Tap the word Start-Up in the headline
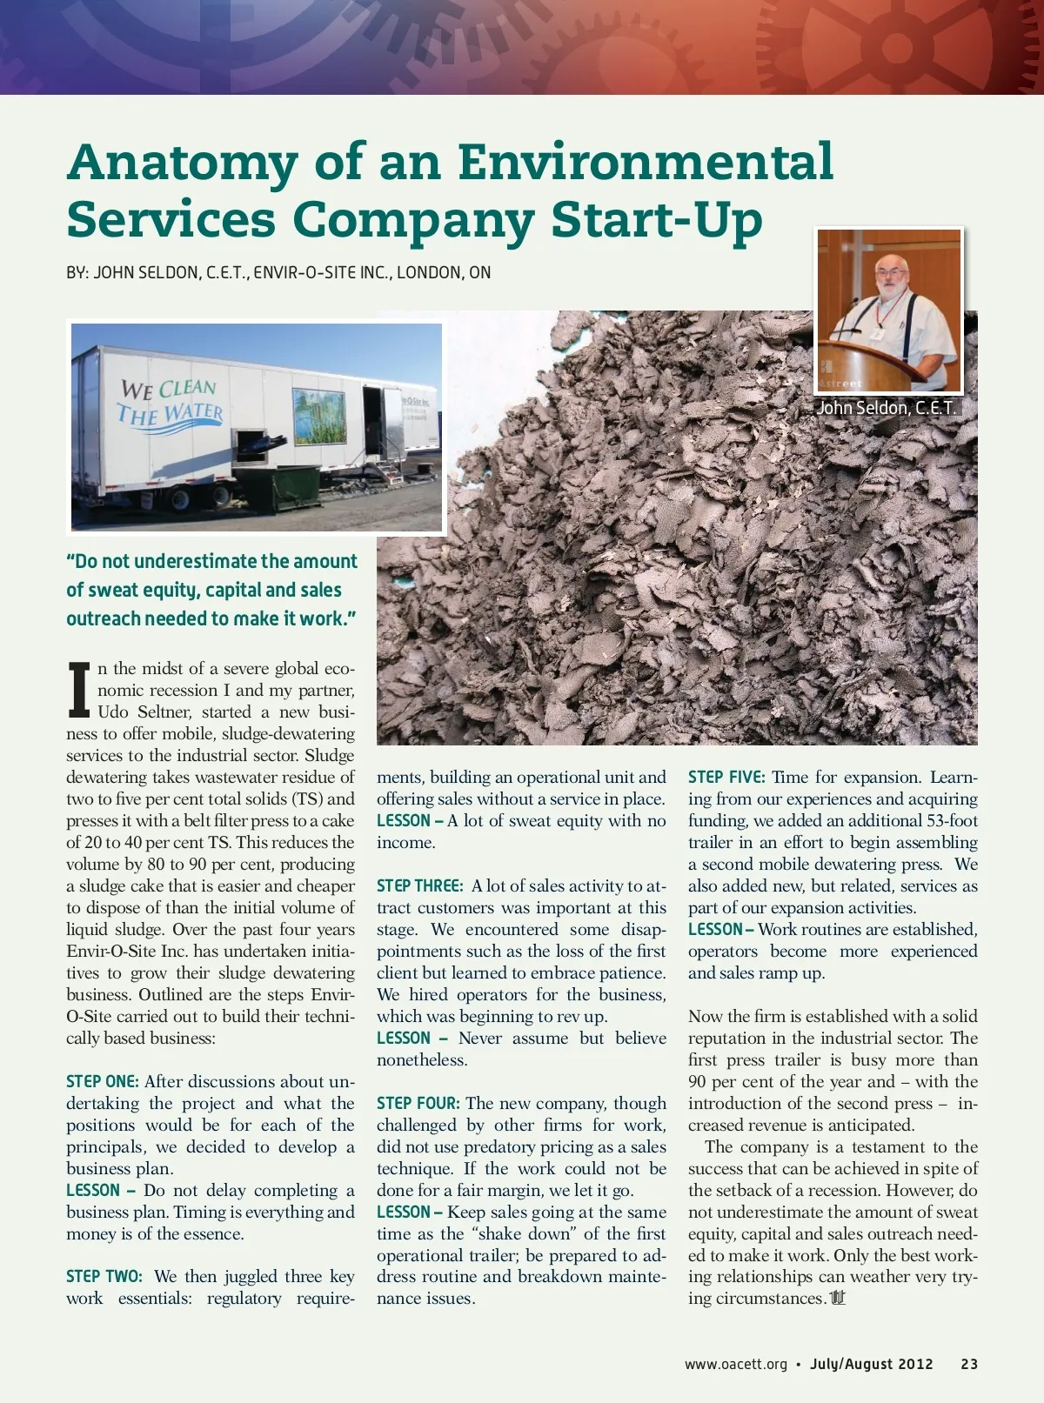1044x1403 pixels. pos(657,219)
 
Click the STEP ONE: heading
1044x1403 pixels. pos(103,1082)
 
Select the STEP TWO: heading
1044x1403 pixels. pos(104,1277)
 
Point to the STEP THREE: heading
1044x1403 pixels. pos(420,886)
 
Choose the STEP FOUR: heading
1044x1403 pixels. pos(418,1104)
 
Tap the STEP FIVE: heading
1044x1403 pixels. pos(726,778)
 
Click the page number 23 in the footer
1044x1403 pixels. pos(969,1364)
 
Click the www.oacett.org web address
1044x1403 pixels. pos(735,1364)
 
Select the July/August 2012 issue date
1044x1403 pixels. pos(871,1364)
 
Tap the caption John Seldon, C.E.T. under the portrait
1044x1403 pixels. pos(886,407)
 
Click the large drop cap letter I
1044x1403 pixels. pos(79,691)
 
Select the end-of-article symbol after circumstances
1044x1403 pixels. pos(838,1299)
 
